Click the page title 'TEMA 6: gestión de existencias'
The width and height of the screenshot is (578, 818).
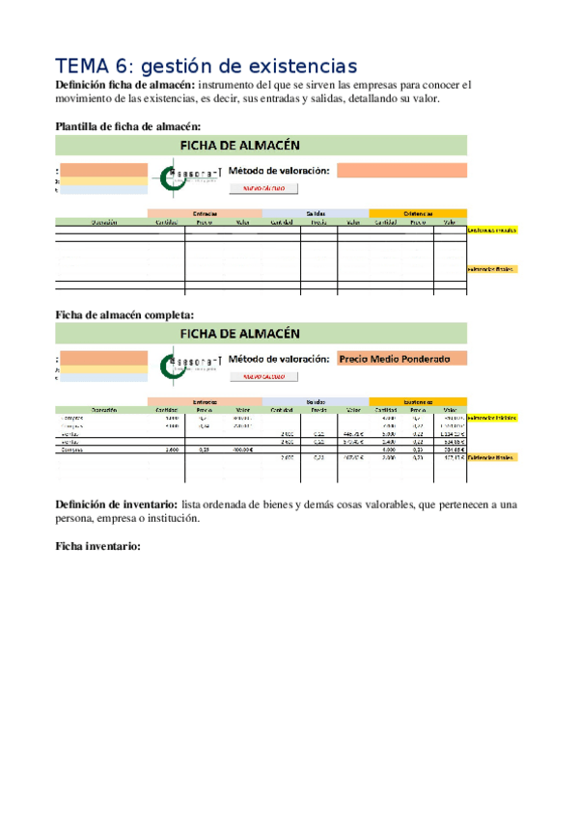(x=206, y=66)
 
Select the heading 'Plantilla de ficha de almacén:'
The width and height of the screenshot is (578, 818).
(x=128, y=126)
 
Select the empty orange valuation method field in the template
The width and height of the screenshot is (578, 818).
(x=401, y=171)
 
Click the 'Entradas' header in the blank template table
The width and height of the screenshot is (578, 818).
(x=204, y=213)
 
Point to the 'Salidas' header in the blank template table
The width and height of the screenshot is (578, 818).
(x=315, y=213)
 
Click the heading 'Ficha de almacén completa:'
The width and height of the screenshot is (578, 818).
(x=124, y=314)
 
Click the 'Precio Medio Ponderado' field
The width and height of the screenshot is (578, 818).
(x=401, y=359)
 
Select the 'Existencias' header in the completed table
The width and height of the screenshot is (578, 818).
(x=418, y=400)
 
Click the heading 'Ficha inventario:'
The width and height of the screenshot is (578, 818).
(x=98, y=546)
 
